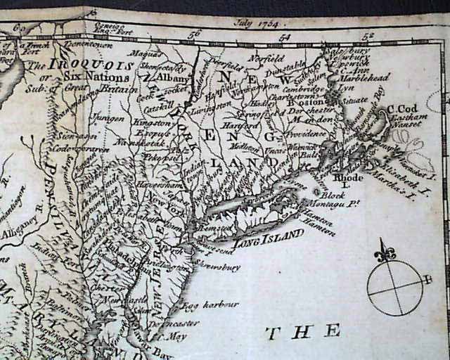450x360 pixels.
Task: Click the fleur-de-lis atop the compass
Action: (x=385, y=252)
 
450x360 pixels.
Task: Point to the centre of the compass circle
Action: (x=395, y=288)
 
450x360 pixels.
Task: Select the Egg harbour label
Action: (x=212, y=304)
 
